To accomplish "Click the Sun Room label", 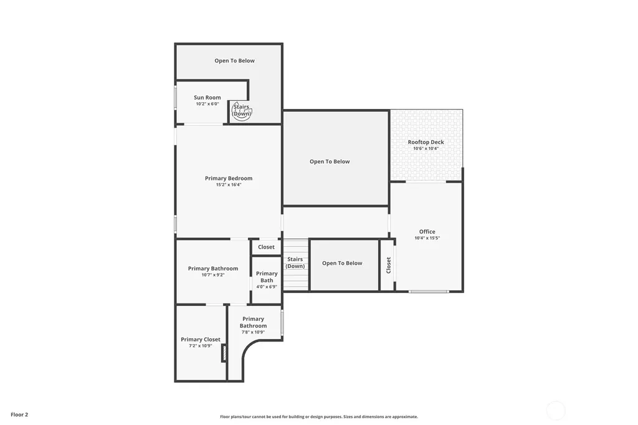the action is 207,97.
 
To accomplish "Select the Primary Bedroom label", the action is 229,178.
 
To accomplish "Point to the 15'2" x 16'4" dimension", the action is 229,185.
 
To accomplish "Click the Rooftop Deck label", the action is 426,142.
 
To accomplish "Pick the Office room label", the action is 427,232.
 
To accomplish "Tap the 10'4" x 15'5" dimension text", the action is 427,238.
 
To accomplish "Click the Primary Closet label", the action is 201,340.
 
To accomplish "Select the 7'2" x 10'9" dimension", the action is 201,346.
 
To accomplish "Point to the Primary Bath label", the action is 267,277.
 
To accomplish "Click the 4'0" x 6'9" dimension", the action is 267,287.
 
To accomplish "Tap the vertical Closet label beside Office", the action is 389,265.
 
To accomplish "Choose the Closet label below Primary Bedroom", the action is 266,247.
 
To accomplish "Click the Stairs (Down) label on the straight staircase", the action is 295,262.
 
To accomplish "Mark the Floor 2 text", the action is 19,415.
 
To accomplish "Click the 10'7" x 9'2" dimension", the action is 213,275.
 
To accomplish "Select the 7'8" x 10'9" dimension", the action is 253,332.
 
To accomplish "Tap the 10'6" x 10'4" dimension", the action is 426,148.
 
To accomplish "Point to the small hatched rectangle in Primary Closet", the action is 224,353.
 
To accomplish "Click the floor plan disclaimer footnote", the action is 319,417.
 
